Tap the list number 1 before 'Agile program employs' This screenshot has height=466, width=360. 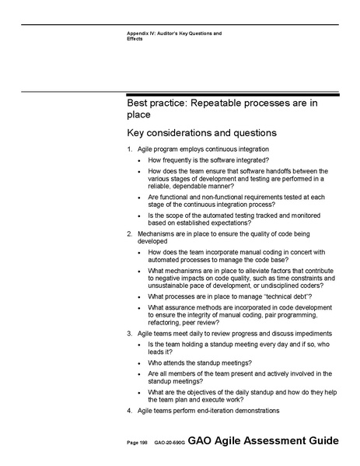click(x=129, y=149)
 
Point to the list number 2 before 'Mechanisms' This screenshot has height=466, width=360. click(x=129, y=233)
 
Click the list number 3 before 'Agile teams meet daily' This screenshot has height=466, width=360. click(x=129, y=333)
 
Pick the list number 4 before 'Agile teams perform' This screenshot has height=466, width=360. click(x=129, y=410)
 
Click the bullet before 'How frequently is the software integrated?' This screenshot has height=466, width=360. click(x=138, y=160)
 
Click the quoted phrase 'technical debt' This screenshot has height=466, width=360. click(x=285, y=296)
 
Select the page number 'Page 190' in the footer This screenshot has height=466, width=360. click(x=138, y=443)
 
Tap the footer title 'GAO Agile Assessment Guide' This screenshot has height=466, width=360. click(x=264, y=441)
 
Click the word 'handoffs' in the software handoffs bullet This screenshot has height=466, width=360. click(x=262, y=171)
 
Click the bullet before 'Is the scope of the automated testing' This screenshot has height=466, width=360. click(x=138, y=214)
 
